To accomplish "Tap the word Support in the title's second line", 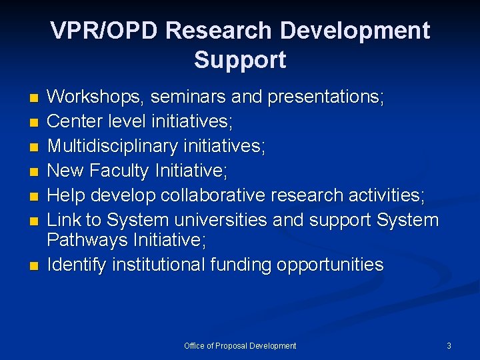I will (240, 60).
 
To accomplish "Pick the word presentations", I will (325, 97).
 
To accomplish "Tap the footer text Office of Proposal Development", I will (240, 346).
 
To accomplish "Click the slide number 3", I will (449, 346).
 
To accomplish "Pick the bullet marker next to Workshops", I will (35, 99).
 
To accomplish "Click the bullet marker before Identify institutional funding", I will (35, 266).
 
